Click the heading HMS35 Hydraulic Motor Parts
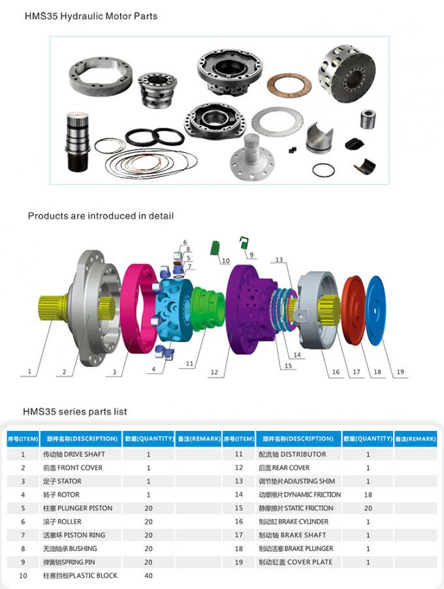91,16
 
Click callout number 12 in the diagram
214,372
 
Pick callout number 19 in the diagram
400,372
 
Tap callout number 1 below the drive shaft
29,372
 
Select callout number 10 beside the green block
226,261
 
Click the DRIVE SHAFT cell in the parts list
74,454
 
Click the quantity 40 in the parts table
148,575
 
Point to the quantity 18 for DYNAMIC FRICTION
368,495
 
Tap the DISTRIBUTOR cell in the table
293,454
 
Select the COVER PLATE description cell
296,562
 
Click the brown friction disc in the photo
289,83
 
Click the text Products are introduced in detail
101,215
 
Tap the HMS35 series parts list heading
75,411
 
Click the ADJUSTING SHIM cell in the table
297,481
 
